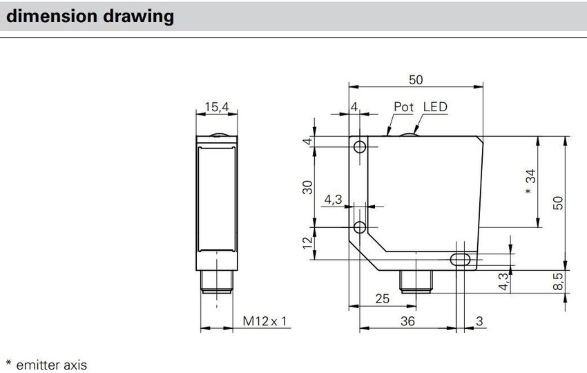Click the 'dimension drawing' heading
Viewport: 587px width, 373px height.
tap(90, 17)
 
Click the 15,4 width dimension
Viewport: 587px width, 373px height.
tap(217, 107)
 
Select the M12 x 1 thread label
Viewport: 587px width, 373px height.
tap(264, 321)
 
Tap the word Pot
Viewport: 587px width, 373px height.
tap(403, 107)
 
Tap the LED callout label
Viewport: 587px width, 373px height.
tap(435, 107)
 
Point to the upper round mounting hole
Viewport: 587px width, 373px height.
tap(360, 147)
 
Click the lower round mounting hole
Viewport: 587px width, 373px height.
tap(360, 227)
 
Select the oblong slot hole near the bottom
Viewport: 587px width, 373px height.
tap(461, 259)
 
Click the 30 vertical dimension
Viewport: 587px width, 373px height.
tap(307, 187)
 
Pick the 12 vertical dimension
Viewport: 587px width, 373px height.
tap(307, 242)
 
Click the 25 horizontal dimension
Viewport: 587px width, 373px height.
tap(382, 299)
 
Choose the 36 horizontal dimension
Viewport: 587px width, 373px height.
tap(407, 321)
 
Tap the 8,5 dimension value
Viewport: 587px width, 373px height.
tap(558, 281)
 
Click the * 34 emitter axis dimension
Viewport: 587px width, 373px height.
tap(530, 181)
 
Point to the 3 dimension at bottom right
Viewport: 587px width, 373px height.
tap(479, 321)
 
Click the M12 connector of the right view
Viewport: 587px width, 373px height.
tap(416, 281)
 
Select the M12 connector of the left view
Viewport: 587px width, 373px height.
tap(217, 281)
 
